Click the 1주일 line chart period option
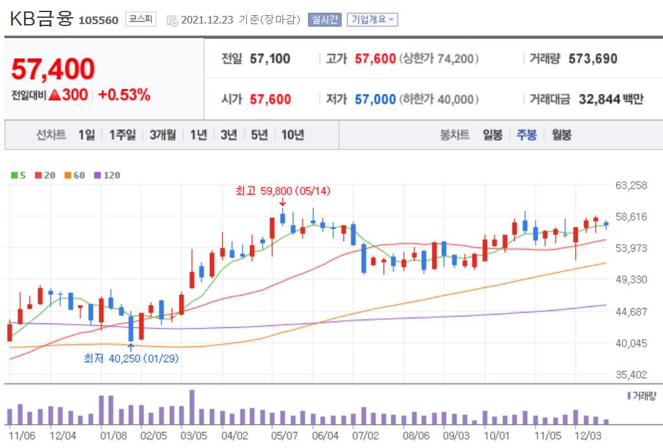[x=122, y=135]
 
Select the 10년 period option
[x=293, y=135]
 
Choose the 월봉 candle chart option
[x=562, y=135]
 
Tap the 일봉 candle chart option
[x=492, y=135]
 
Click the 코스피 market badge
[x=141, y=19]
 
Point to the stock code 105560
[x=98, y=20]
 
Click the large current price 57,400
[x=53, y=69]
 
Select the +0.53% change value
[x=124, y=95]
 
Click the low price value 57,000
[x=375, y=99]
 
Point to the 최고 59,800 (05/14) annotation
[x=283, y=190]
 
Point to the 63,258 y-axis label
[x=631, y=186]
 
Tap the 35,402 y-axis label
[x=631, y=375]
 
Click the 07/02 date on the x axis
[x=365, y=437]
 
